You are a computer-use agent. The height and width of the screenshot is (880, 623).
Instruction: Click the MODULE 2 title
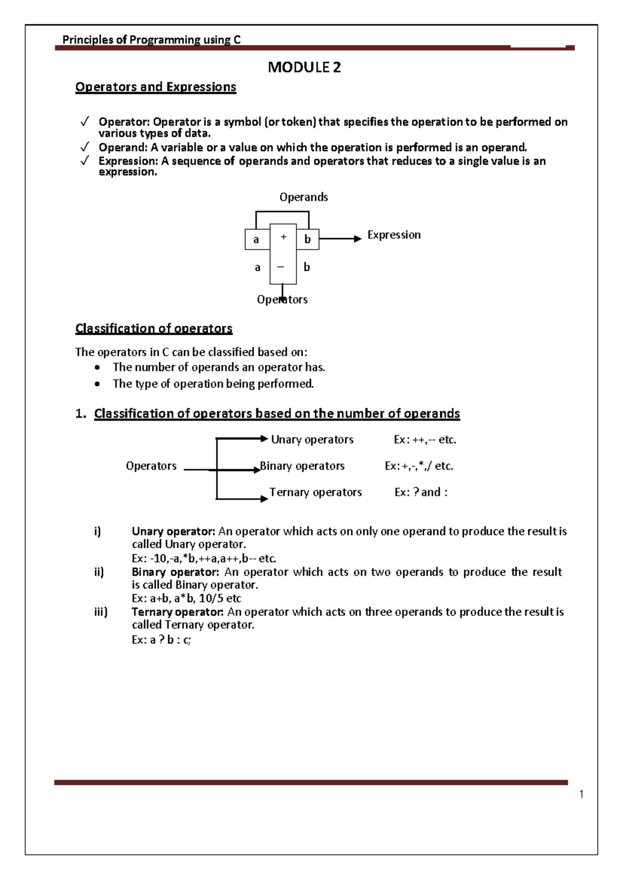304,67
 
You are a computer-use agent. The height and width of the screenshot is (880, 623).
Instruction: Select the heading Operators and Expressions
156,87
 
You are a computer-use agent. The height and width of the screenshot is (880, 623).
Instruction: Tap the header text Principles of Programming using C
151,40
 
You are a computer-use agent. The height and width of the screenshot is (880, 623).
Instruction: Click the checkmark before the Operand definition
85,147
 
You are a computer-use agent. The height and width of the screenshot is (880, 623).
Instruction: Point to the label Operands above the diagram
304,197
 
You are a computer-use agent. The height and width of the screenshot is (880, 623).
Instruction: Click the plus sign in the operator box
283,237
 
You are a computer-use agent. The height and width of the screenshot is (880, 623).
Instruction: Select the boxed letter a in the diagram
256,240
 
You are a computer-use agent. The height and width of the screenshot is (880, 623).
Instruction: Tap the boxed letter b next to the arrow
307,239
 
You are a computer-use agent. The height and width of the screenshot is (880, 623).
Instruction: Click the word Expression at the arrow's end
394,235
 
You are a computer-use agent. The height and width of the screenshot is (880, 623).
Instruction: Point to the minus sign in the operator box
281,267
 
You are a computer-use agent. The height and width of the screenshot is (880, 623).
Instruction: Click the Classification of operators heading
154,328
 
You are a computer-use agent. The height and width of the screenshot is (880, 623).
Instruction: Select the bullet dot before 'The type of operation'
97,384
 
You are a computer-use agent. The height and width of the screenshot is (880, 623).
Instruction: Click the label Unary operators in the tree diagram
312,439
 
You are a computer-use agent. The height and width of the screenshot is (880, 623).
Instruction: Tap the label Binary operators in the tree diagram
302,466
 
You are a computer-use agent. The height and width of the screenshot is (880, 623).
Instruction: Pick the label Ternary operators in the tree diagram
316,492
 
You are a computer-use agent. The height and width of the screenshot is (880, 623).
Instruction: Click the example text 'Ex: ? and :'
421,492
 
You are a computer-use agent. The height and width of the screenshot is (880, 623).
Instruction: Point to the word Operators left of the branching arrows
151,466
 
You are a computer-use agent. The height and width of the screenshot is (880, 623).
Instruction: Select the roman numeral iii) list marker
101,612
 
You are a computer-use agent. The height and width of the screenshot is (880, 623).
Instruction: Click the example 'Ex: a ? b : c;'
161,640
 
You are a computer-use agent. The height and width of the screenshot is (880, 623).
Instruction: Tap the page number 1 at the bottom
581,794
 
